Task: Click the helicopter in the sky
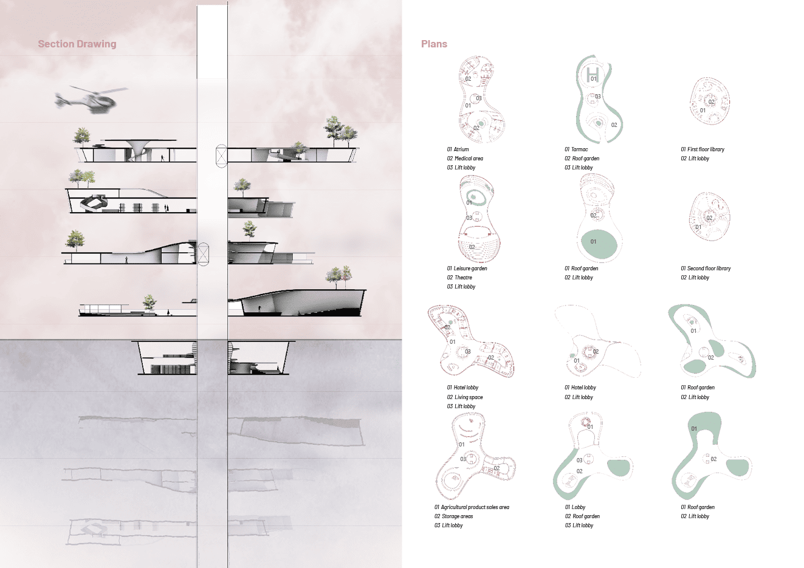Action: pos(90,100)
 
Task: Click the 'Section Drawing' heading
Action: pos(77,44)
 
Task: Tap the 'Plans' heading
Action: pos(434,44)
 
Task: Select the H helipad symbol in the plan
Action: pos(593,75)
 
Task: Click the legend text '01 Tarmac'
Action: pos(576,149)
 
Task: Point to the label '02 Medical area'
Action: pos(465,158)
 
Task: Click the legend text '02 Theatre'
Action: pos(459,278)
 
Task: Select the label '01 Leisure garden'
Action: pos(467,269)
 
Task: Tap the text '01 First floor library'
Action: pos(703,149)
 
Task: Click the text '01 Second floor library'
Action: pos(706,269)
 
